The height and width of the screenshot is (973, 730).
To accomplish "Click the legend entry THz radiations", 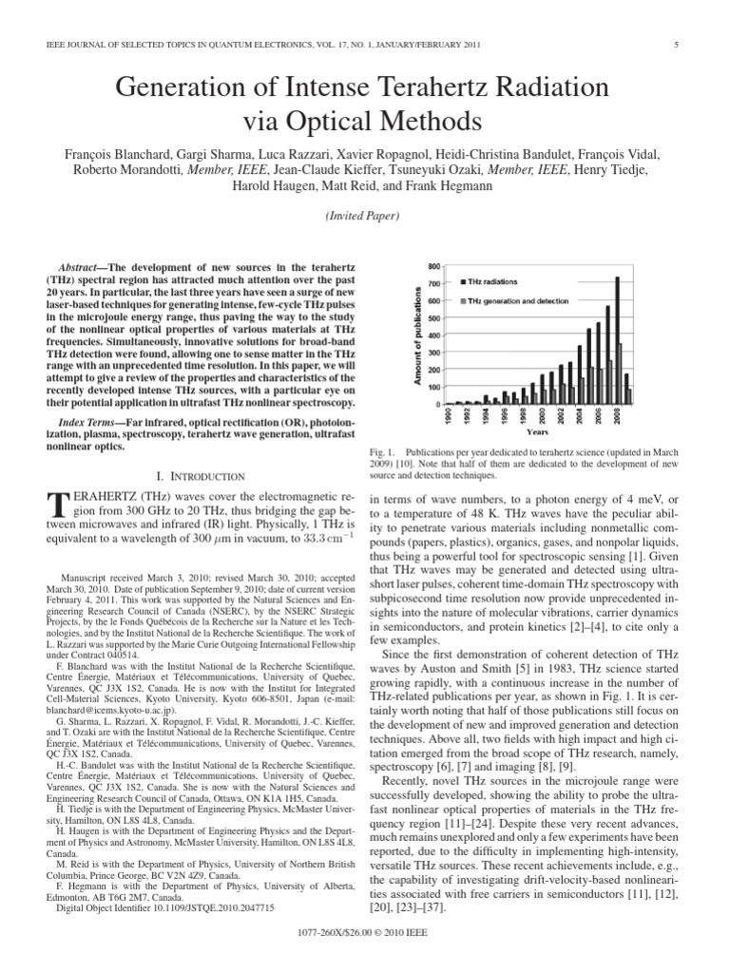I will pyautogui.click(x=491, y=282).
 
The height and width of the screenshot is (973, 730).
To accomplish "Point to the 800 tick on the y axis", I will pyautogui.click(x=436, y=266).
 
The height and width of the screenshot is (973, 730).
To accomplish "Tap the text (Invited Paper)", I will pyautogui.click(x=364, y=216).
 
